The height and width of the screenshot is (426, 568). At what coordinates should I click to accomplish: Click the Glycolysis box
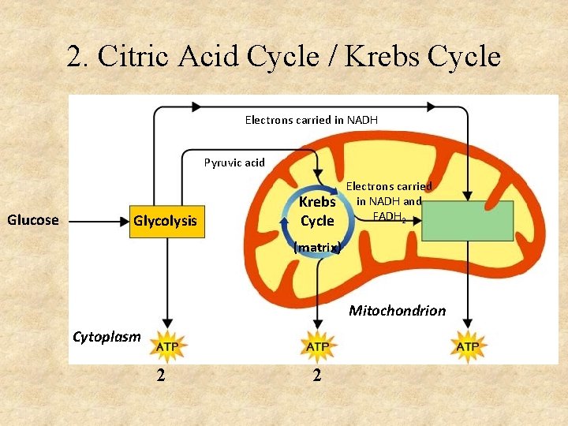tap(165, 220)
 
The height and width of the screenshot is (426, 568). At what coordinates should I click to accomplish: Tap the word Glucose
tap(33, 220)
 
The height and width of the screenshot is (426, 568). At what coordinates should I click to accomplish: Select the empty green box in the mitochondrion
tap(468, 221)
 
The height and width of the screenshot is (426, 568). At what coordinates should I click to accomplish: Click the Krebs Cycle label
tap(317, 211)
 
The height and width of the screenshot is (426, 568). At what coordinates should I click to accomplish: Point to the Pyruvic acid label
tap(234, 163)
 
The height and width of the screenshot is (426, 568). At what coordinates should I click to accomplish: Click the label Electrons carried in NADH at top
tap(311, 120)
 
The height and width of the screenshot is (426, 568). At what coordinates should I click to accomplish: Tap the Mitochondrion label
tap(397, 311)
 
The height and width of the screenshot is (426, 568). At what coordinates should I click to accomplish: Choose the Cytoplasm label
tap(106, 338)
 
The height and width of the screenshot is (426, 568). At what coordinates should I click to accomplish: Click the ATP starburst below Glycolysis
tap(166, 346)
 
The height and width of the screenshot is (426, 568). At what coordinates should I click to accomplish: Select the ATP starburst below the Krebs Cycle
tap(317, 346)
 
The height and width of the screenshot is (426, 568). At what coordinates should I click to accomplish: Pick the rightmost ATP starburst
tap(468, 346)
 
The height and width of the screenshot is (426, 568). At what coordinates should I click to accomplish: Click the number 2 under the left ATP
tap(161, 376)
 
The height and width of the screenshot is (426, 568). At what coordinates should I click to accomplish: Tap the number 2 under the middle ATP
tap(316, 376)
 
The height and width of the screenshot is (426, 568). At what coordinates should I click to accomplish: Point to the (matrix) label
tap(317, 247)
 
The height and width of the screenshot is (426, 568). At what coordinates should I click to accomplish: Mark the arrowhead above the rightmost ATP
tap(468, 323)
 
